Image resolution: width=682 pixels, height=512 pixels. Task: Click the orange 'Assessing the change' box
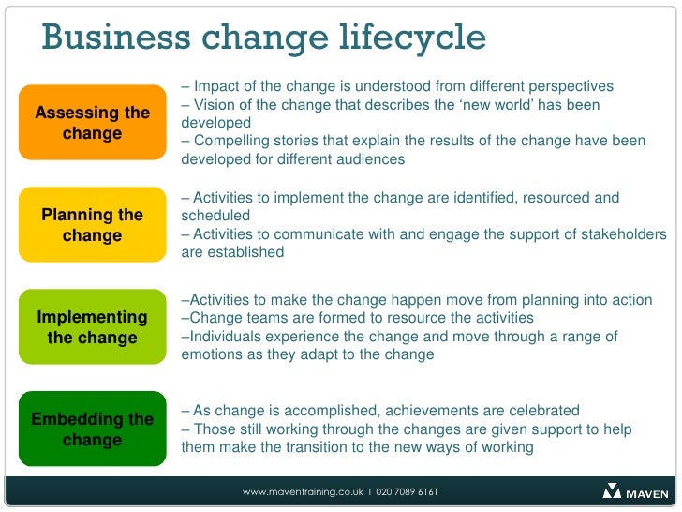click(x=92, y=123)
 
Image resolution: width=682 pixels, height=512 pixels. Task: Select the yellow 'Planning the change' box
click(x=92, y=225)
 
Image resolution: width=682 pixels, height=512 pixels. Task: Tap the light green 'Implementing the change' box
click(x=92, y=327)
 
